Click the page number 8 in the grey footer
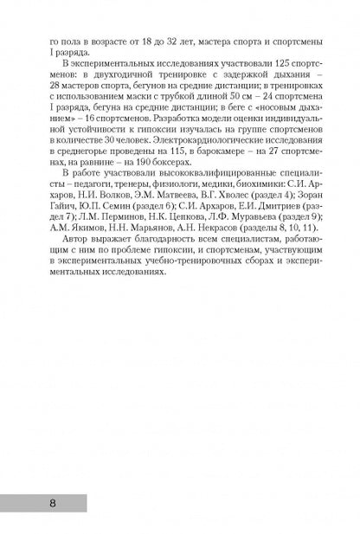(31, 501)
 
